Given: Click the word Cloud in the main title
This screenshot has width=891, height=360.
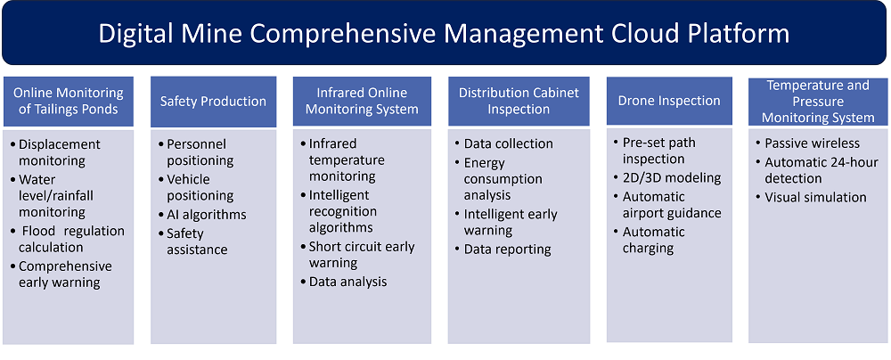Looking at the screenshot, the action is [658, 34].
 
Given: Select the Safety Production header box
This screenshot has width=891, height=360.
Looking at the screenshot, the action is [213, 102].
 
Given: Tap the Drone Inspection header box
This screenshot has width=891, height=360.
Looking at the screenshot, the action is [669, 101].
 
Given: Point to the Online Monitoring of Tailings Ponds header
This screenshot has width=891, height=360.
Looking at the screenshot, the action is [69, 101].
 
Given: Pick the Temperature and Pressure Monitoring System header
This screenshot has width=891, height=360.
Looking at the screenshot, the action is [818, 102].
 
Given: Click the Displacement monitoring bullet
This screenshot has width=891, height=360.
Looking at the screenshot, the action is [55, 152].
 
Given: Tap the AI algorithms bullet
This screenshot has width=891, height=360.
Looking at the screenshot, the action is [202, 215].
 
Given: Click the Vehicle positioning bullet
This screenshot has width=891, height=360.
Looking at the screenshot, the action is [196, 188].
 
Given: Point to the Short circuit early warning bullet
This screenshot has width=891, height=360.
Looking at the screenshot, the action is [357, 255].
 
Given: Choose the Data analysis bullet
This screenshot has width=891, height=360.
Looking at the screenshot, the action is [344, 282].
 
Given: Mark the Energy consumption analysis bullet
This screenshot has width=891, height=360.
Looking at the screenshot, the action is [498, 179].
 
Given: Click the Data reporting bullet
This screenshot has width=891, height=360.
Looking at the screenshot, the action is [503, 250].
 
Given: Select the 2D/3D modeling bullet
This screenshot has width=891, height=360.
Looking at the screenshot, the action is [667, 177].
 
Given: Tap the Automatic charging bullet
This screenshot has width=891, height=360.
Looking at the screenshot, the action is [650, 240].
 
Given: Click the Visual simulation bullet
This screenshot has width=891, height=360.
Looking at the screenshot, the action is [812, 197].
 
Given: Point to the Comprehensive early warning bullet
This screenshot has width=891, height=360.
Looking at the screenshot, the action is [61, 274].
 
